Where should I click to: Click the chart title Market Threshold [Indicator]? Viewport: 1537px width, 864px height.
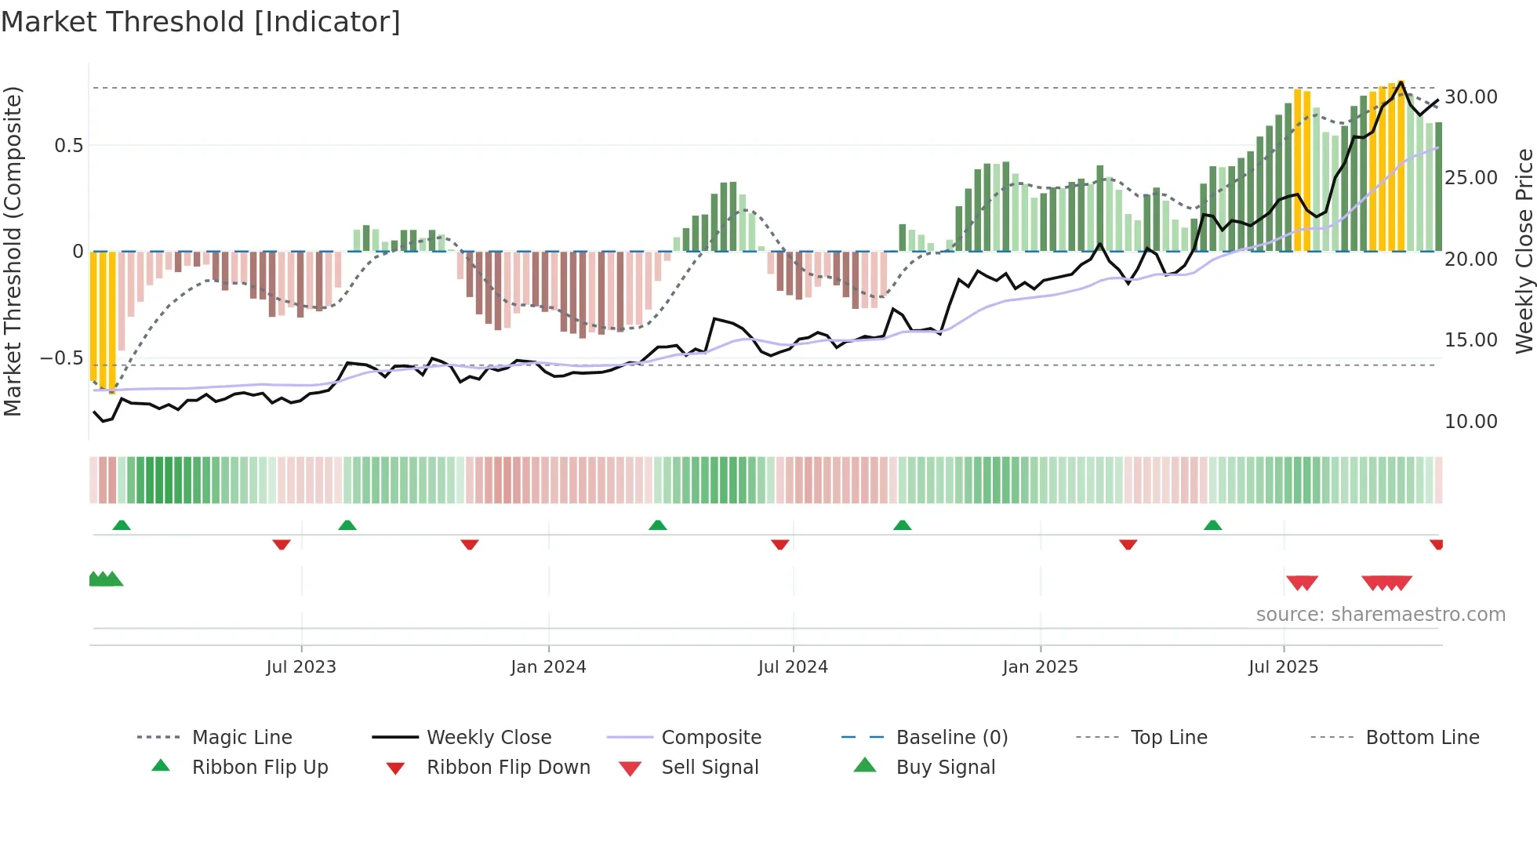point(201,22)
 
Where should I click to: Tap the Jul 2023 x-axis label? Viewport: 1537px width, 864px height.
point(301,667)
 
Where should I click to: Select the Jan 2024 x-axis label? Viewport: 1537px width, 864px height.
point(548,667)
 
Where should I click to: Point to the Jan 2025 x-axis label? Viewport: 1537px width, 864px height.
point(1040,667)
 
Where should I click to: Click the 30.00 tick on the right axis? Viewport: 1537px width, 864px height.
point(1470,97)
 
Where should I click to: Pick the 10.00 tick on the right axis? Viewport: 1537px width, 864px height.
point(1470,422)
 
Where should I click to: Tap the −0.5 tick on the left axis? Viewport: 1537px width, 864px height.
point(62,358)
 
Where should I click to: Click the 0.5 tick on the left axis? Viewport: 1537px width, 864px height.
point(68,146)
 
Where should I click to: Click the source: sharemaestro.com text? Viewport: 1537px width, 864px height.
point(1380,615)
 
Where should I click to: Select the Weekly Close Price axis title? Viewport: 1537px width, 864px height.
point(1524,251)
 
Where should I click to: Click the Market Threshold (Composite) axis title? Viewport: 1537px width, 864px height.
point(13,251)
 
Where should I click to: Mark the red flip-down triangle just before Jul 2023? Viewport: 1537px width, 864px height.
point(282,544)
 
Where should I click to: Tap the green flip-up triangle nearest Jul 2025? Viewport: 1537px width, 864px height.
point(1212,525)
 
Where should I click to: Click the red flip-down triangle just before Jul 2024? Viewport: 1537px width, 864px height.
point(779,544)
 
